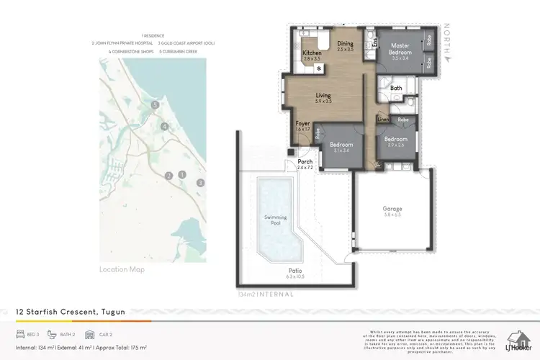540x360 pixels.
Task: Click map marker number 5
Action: click(155, 105)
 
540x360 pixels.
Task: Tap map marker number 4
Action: click(165, 127)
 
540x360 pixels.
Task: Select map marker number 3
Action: click(199, 182)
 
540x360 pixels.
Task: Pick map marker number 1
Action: click(182, 174)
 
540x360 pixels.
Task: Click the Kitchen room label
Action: click(311, 54)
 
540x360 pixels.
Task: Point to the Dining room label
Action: click(346, 45)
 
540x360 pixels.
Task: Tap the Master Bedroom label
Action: click(400, 50)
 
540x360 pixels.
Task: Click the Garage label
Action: click(392, 210)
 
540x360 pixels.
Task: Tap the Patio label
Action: click(295, 271)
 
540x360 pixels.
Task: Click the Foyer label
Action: click(303, 124)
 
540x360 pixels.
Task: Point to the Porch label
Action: click(305, 162)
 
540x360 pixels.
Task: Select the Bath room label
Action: click(396, 89)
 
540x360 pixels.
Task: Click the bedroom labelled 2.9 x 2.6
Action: click(395, 140)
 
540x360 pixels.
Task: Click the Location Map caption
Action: click(122, 269)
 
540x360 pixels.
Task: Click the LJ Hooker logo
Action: click(519, 340)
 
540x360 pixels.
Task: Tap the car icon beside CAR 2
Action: click(89, 335)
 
